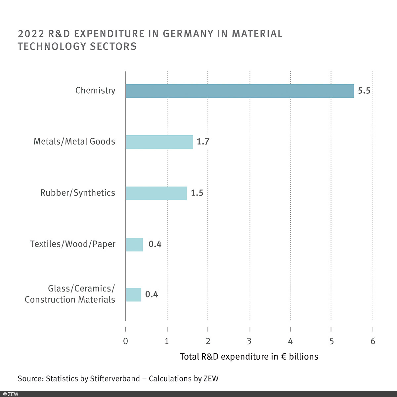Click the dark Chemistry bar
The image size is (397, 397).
coord(240,91)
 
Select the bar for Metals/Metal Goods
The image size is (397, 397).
coord(159,142)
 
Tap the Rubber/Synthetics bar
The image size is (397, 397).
coord(156,193)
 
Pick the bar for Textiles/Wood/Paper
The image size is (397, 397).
coord(134,244)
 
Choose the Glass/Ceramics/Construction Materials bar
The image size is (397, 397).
coord(133,294)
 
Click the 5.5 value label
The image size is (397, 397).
coord(364,91)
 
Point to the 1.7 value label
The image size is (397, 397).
coord(203,142)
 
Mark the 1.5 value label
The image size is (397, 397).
coord(197,193)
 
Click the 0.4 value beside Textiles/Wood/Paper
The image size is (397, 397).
coord(155,244)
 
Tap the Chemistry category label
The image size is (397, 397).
coord(95,91)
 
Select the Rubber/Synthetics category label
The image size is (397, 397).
coord(78,193)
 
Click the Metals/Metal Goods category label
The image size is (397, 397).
coord(74,142)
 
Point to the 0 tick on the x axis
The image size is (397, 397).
coord(125,341)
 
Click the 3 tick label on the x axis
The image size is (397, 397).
coord(249,341)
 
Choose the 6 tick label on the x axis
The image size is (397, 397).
coord(373,341)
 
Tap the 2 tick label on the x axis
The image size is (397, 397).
coord(208,341)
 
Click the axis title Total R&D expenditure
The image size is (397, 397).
coord(249,357)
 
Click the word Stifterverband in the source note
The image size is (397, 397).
coord(115,378)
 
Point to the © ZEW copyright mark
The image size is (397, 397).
coord(11,394)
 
